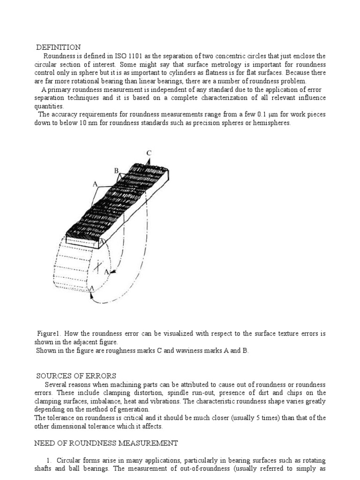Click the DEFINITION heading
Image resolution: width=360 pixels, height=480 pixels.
[59, 47]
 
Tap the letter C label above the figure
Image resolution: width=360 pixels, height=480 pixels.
[149, 153]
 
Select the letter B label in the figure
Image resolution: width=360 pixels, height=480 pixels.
[117, 172]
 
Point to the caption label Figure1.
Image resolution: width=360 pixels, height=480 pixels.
[49, 334]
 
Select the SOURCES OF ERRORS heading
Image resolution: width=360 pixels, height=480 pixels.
[76, 375]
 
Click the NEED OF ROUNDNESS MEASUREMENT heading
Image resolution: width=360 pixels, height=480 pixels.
[106, 443]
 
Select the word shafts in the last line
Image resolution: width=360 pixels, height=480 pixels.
[44, 469]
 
